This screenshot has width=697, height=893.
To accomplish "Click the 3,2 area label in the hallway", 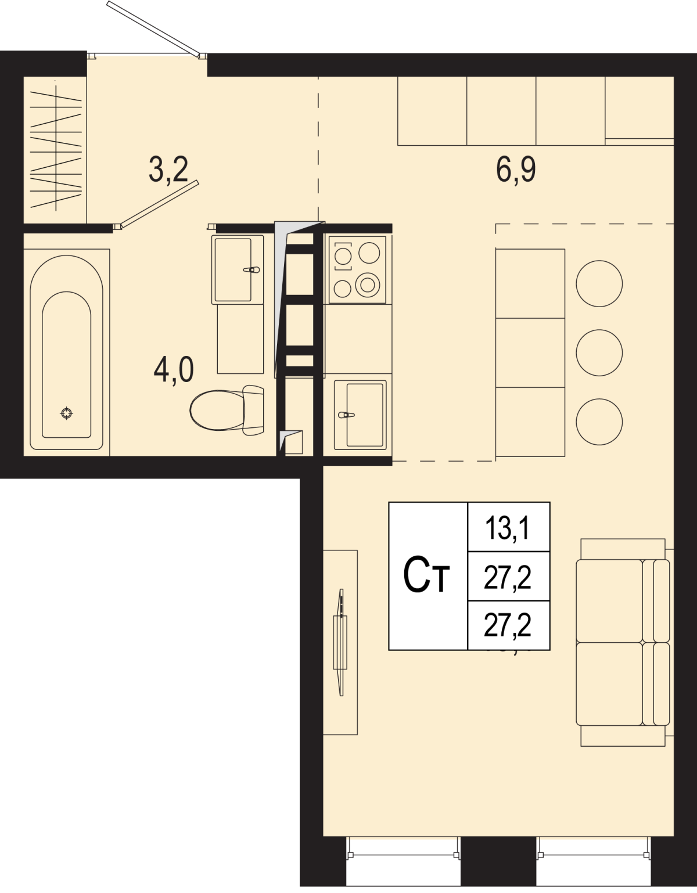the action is point(168,170).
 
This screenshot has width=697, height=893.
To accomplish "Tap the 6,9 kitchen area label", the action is point(516,170).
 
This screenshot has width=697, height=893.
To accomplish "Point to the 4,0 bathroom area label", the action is point(174,370).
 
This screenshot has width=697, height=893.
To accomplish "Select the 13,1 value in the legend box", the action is point(508,528).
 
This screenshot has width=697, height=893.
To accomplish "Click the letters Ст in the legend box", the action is point(426,575).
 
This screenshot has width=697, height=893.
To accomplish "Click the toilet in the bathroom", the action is point(227,410).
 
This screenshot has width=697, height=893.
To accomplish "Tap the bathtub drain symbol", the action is point(67,413).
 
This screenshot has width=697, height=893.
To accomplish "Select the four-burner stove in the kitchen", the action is point(357,270).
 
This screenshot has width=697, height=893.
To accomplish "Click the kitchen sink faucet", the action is point(346,415).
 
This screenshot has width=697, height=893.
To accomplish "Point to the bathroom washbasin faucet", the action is point(252,269).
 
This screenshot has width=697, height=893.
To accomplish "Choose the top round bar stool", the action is point(599,283).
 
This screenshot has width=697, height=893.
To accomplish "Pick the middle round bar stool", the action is point(599,352).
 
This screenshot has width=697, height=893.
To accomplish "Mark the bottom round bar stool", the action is point(599,422).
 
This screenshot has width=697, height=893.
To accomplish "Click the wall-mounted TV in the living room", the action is point(340,642).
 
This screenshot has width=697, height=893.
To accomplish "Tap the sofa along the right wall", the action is point(623,642).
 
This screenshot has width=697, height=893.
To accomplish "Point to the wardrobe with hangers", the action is point(55,150).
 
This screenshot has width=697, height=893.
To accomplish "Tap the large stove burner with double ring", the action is point(368,285).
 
